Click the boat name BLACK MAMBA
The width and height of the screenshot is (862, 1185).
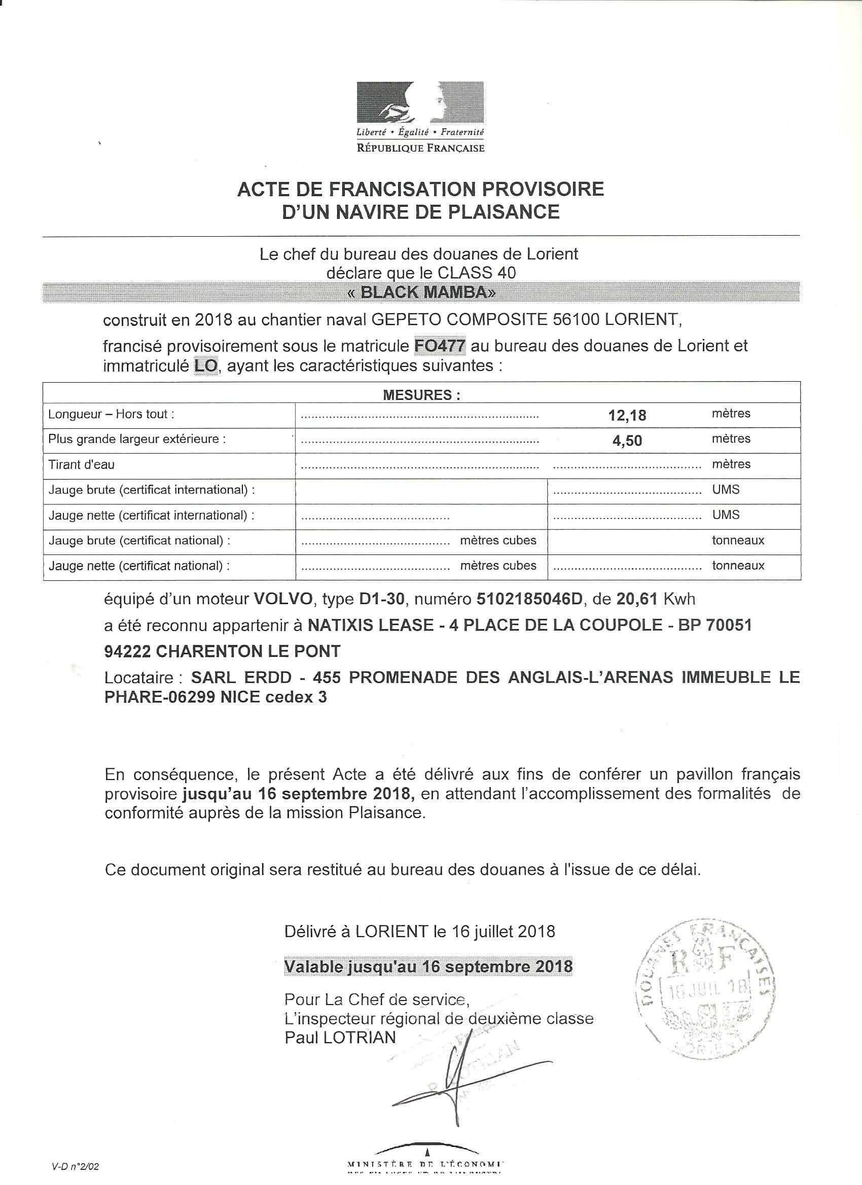pyautogui.click(x=421, y=292)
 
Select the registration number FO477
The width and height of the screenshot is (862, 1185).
pyautogui.click(x=440, y=345)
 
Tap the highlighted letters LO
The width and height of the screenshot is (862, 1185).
pyautogui.click(x=205, y=366)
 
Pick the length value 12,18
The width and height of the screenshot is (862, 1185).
pyautogui.click(x=627, y=416)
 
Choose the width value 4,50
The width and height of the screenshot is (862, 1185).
pyautogui.click(x=627, y=440)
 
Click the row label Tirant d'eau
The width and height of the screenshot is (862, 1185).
pyautogui.click(x=81, y=464)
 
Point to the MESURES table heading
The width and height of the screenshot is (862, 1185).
pyautogui.click(x=421, y=395)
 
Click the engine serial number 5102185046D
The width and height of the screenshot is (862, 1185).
pyautogui.click(x=529, y=599)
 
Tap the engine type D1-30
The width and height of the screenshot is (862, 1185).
pyautogui.click(x=382, y=599)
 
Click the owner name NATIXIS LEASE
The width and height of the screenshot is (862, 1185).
pyautogui.click(x=371, y=625)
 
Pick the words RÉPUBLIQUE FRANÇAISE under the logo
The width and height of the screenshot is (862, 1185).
pyautogui.click(x=420, y=149)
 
